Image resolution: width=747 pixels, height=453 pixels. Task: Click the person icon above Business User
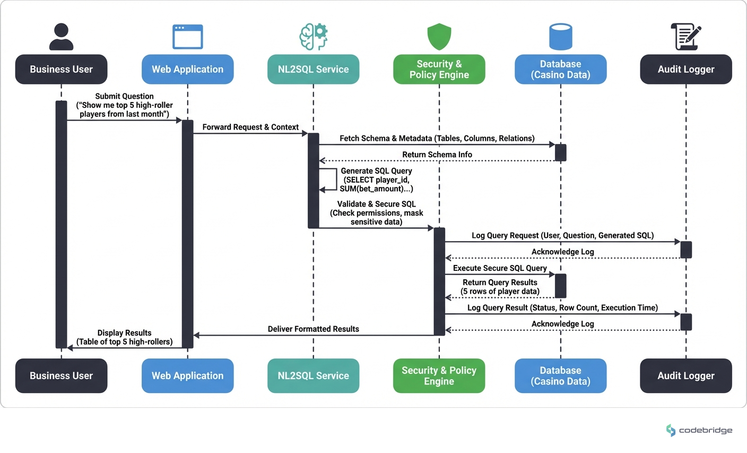click(x=61, y=37)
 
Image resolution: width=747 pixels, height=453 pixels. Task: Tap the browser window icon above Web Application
click(x=187, y=37)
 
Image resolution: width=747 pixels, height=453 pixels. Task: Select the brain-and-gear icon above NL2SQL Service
click(x=313, y=37)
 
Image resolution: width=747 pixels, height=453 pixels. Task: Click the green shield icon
click(x=439, y=36)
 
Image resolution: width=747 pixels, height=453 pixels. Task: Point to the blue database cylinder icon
click(x=560, y=37)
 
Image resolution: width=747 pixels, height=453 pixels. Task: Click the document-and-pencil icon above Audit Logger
click(x=685, y=37)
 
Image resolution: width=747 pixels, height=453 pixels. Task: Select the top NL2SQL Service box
click(x=313, y=69)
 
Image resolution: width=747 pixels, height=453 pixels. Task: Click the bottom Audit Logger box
click(x=685, y=375)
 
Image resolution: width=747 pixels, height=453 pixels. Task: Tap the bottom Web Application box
click(x=187, y=375)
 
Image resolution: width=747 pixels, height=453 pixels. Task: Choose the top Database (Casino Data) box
click(x=560, y=69)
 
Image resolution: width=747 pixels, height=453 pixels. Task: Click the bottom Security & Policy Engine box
click(x=439, y=375)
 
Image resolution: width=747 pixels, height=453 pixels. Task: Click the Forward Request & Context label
click(x=250, y=127)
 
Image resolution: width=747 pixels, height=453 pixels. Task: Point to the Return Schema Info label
click(x=437, y=155)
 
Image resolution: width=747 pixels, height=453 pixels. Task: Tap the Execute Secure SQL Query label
click(x=499, y=268)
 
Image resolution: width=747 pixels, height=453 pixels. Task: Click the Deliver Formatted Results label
click(x=313, y=329)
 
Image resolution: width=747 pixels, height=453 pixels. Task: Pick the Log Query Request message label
click(x=562, y=235)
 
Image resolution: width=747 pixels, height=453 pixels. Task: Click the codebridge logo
click(x=699, y=430)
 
